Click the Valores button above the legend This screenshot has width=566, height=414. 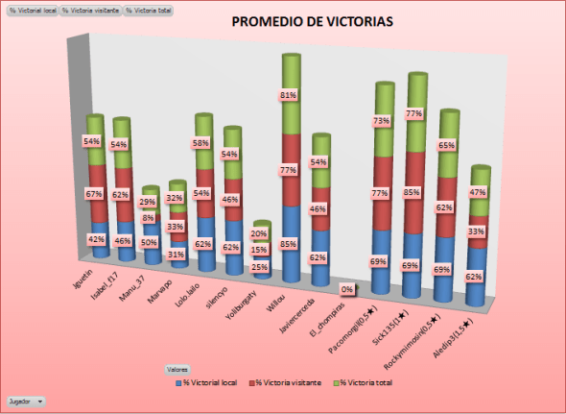(177, 368)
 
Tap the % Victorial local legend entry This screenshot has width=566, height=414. (210, 382)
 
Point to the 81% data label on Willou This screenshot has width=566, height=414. (288, 96)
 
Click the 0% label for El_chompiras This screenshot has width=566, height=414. (347, 288)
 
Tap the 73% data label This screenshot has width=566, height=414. (381, 121)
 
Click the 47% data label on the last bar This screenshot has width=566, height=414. (476, 192)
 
